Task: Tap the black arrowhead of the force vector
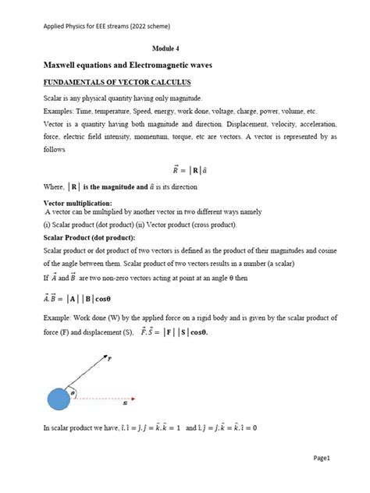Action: [106, 356]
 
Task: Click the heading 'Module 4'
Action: [184, 47]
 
